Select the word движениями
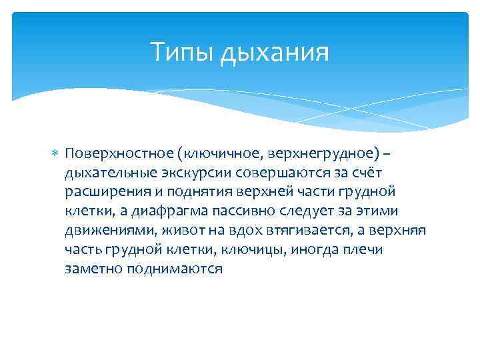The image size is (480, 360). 99,231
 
